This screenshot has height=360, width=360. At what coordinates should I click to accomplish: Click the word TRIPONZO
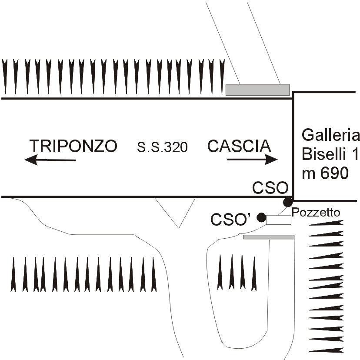pyautogui.click(x=73, y=146)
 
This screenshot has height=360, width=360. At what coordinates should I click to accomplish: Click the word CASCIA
pyautogui.click(x=239, y=146)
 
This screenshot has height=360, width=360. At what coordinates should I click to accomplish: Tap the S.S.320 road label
pyautogui.click(x=162, y=148)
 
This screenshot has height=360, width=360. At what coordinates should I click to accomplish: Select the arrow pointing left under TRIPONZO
pyautogui.click(x=50, y=160)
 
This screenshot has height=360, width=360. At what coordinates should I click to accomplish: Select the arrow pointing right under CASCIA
pyautogui.click(x=252, y=160)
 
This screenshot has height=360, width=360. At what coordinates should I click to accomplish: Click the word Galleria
pyautogui.click(x=331, y=136)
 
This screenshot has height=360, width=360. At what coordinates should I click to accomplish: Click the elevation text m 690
pyautogui.click(x=325, y=173)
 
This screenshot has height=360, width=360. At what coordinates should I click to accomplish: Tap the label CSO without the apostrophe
pyautogui.click(x=270, y=188)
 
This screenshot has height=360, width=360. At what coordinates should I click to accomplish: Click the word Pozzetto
pyautogui.click(x=316, y=213)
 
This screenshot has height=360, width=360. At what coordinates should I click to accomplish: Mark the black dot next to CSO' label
pyautogui.click(x=261, y=217)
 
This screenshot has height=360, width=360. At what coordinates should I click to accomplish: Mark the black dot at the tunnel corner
pyautogui.click(x=287, y=202)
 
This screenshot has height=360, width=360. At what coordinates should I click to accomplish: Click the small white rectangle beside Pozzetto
pyautogui.click(x=278, y=220)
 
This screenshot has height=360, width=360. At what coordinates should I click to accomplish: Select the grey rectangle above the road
pyautogui.click(x=257, y=90)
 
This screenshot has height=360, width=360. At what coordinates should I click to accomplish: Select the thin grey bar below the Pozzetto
pyautogui.click(x=269, y=237)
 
